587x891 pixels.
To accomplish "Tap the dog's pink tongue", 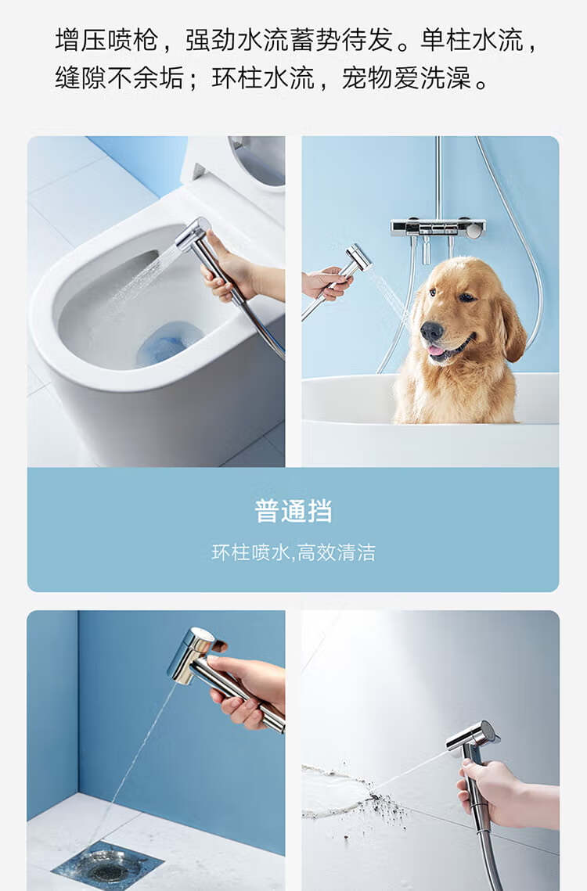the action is click(436, 350).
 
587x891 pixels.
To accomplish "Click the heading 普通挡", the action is click(293, 510).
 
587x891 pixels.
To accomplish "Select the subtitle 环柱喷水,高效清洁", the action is click(293, 552).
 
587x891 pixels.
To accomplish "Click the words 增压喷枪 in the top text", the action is click(106, 41).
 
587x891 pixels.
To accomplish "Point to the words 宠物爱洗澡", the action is click(406, 78).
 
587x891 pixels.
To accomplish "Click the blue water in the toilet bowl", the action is click(168, 343).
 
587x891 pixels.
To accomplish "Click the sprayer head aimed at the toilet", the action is click(193, 234).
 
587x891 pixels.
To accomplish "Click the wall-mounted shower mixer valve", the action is click(438, 228).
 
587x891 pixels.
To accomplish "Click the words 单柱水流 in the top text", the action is click(471, 41).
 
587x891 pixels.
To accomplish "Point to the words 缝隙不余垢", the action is click(120, 78).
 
